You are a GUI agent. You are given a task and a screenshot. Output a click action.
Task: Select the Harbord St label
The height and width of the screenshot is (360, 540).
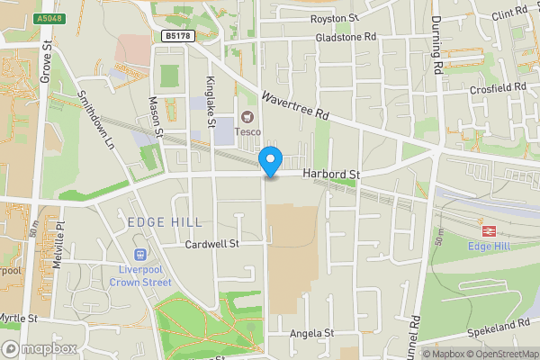click(331, 173)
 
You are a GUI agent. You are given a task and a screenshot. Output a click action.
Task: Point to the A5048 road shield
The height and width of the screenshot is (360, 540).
click(50, 17)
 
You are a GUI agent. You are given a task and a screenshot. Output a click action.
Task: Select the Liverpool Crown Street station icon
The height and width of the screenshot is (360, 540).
click(139, 256)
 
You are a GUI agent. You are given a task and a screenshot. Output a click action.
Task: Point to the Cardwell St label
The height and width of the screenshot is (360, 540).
click(211, 244)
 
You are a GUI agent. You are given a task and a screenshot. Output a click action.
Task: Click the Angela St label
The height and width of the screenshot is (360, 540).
click(311, 333)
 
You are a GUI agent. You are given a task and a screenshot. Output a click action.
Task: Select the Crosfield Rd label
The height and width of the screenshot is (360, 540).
click(498, 86)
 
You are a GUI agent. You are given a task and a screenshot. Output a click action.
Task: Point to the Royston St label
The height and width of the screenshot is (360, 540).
click(334, 18)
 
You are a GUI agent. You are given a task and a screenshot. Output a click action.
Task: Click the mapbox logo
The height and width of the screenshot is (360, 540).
click(39, 348)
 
